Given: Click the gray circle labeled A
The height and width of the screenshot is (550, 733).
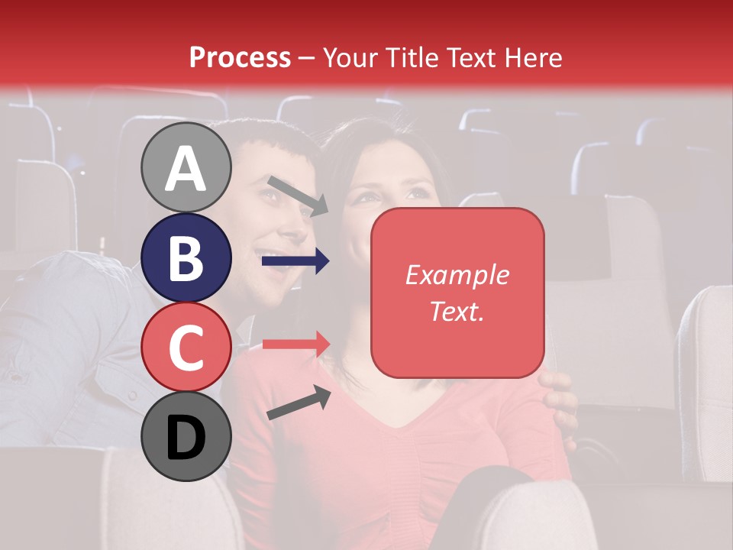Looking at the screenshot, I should tap(186, 167).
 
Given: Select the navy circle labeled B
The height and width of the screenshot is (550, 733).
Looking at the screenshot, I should tap(186, 257).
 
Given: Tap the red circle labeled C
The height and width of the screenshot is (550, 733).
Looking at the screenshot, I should tap(186, 347).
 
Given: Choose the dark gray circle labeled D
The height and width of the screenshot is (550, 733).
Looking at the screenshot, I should tap(186, 436).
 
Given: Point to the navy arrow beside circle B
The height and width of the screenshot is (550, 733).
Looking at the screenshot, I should tap(295, 261).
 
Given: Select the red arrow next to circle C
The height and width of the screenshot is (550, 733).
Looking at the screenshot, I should tap(295, 344).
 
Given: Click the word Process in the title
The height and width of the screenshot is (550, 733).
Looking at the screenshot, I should tap(240, 57).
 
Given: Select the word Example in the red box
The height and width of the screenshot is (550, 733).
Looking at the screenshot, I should tap(457, 275).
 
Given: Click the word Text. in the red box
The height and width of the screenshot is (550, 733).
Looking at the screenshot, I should tap(457, 311).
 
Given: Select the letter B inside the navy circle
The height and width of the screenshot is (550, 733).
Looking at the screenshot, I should tap(186, 257).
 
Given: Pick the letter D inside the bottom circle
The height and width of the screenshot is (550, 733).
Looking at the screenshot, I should tap(186, 438).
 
